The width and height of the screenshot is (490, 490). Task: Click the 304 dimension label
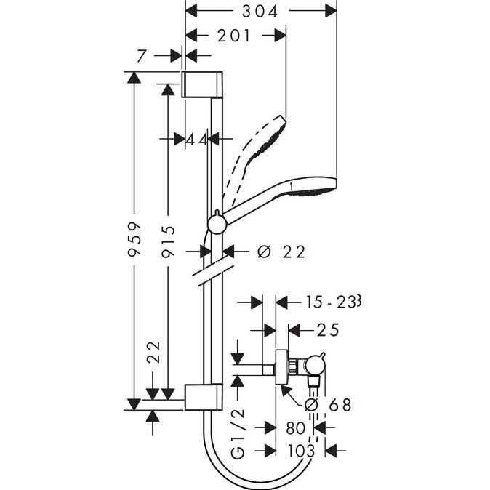point(262,10)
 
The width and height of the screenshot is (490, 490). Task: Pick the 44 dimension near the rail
point(197,140)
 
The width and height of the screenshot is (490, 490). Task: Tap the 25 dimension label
point(329,330)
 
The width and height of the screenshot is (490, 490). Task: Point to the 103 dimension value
point(300,451)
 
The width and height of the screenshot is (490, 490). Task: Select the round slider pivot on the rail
point(217,222)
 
